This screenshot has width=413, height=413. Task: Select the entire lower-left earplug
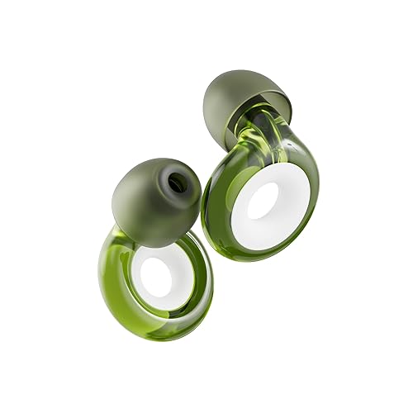[x=157, y=248]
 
